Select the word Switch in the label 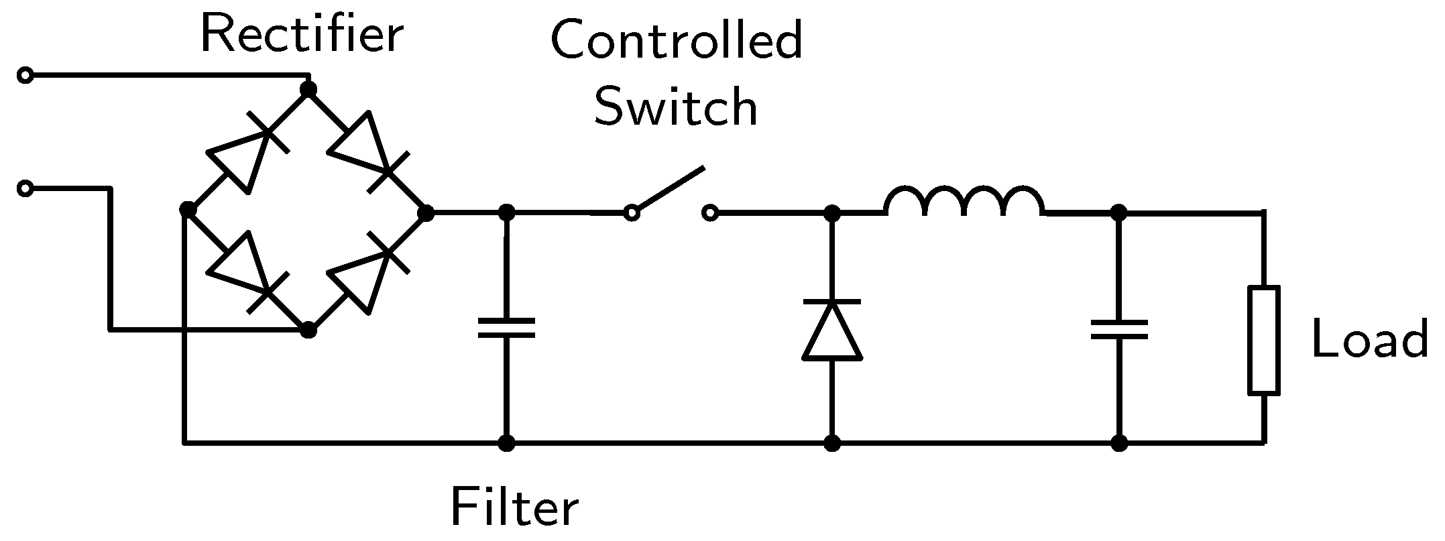point(676,107)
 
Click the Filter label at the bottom point(514,507)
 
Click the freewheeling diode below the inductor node point(832,330)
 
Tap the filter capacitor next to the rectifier point(506,328)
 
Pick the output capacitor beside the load point(1118,329)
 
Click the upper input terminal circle point(25,76)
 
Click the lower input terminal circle point(25,189)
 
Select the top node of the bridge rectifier point(308,88)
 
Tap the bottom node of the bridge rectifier point(308,330)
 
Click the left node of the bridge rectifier point(188,211)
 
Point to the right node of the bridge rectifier point(425,213)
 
